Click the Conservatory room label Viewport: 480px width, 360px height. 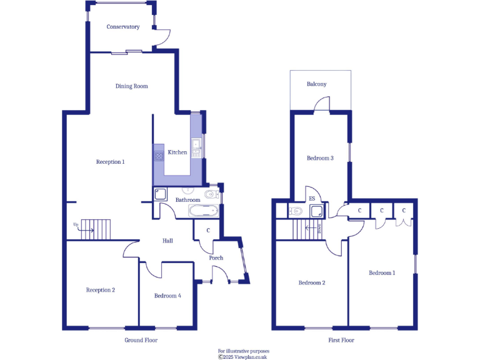(x=122, y=27)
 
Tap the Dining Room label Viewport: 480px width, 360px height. (x=132, y=86)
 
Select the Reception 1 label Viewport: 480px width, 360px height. (x=111, y=162)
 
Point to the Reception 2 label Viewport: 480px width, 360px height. (x=101, y=290)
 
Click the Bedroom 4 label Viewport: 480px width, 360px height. (x=168, y=296)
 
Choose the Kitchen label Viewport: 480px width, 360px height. (x=177, y=152)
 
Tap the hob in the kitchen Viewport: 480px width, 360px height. (x=159, y=155)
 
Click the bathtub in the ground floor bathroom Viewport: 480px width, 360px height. (x=204, y=211)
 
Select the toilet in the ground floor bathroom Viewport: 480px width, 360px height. (x=211, y=194)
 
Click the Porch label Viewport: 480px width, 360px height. (x=216, y=258)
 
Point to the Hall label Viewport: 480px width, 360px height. (x=168, y=241)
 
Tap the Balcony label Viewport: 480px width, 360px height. (x=316, y=84)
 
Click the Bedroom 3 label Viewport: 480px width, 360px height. (x=320, y=158)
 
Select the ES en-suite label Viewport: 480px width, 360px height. (x=312, y=199)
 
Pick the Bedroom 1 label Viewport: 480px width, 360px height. (x=382, y=273)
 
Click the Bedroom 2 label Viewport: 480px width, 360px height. (x=311, y=282)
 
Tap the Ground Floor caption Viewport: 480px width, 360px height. (x=142, y=341)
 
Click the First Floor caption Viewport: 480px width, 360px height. (x=341, y=341)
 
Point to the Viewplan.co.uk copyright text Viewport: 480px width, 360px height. (x=242, y=357)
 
